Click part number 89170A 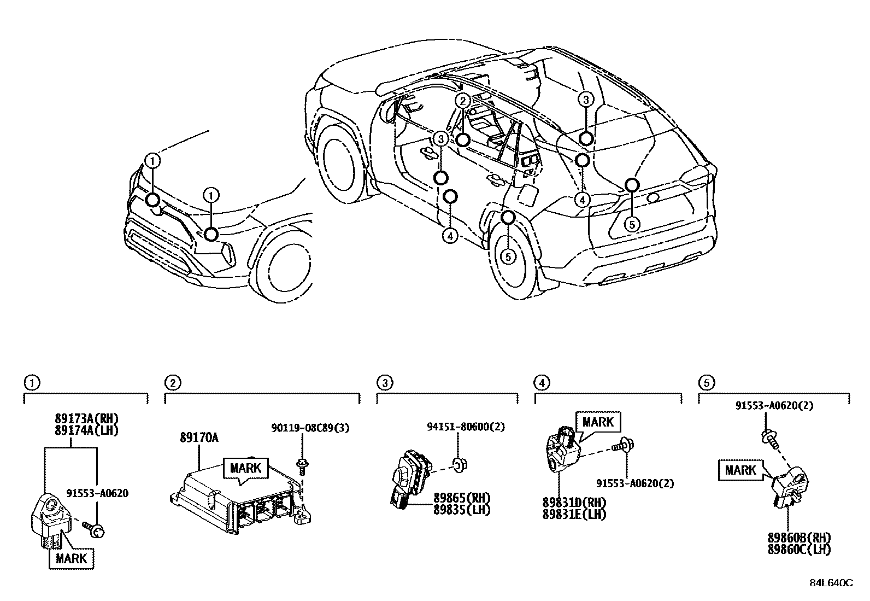[x=199, y=437]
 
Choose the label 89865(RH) [x=462, y=498]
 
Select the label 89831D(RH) [x=574, y=503]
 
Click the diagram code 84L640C [x=831, y=583]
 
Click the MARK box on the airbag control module [x=245, y=469]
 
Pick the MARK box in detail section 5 [x=741, y=470]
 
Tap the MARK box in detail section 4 [x=598, y=422]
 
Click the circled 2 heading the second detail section [x=172, y=383]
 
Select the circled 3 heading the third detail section [x=384, y=383]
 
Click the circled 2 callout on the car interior [x=462, y=101]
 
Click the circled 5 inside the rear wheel [x=508, y=255]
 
